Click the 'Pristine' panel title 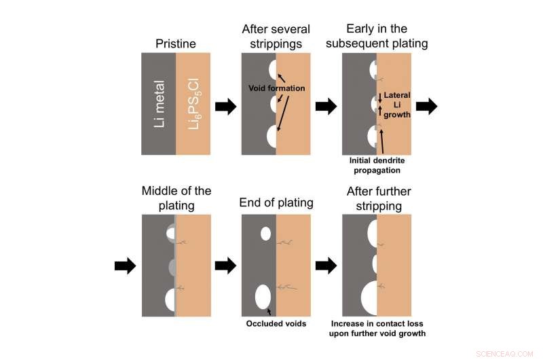tap(175, 44)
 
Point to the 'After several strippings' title tap(276, 37)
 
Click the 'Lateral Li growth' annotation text tap(397, 105)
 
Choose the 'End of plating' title tap(276, 202)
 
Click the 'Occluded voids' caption tap(276, 324)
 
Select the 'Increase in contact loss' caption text tap(377, 328)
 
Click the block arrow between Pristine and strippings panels tap(226, 106)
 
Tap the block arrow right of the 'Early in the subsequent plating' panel tap(427, 106)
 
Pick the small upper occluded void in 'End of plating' tap(265, 234)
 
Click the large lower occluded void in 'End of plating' tap(263, 297)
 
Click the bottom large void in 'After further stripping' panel tap(370, 300)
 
